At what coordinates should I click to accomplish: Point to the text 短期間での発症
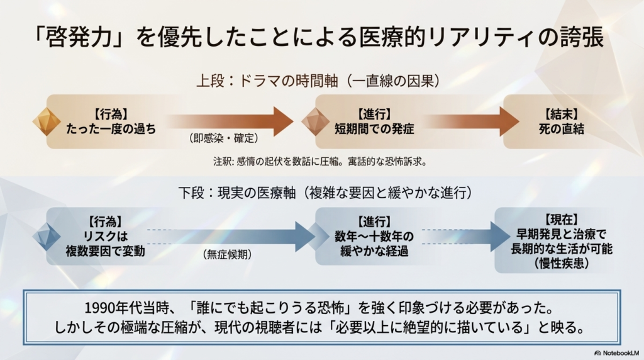(375, 130)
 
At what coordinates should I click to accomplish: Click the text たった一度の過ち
(111, 130)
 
